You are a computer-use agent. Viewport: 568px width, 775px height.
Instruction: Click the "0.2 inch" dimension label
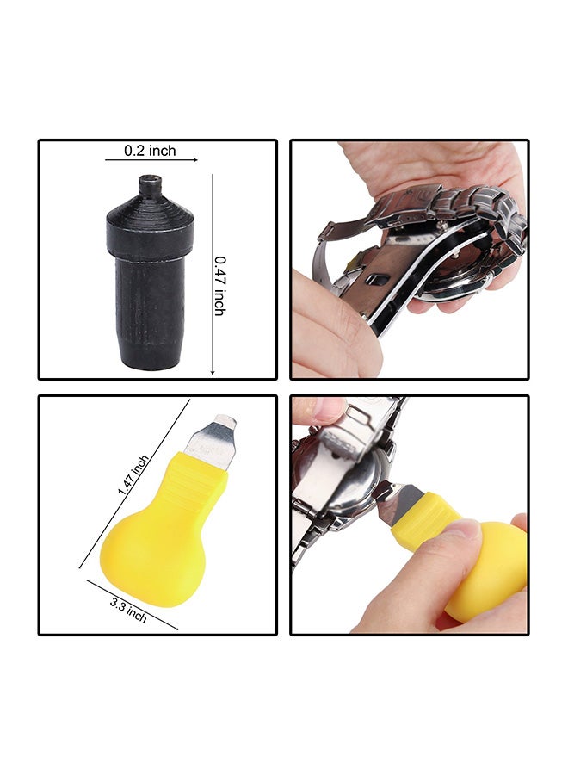click(x=150, y=151)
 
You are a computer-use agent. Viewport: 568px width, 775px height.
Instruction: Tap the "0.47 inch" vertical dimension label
click(x=219, y=285)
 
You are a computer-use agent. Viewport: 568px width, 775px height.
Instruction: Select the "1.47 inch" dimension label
click(x=133, y=474)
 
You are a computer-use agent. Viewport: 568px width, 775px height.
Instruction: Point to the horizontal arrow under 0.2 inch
click(x=151, y=160)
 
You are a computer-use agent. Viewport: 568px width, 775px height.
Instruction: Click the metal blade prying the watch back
click(x=394, y=501)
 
